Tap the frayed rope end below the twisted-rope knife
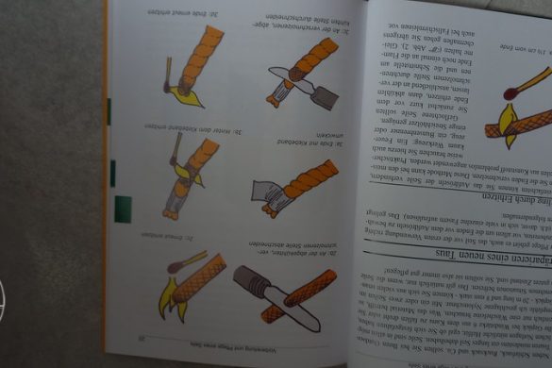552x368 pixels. [x=276, y=92]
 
